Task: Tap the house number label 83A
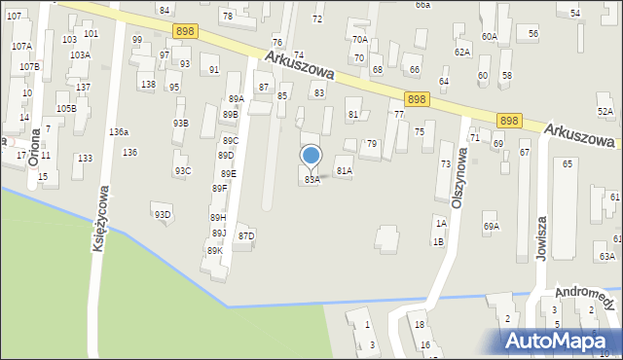pyautogui.click(x=311, y=180)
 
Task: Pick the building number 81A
pyautogui.click(x=344, y=170)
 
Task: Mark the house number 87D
pyautogui.click(x=246, y=235)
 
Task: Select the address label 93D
pyautogui.click(x=162, y=214)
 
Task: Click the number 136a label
pyautogui.click(x=119, y=131)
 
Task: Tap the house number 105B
pyautogui.click(x=65, y=108)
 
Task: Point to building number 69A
pyautogui.click(x=491, y=227)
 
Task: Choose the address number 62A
pyautogui.click(x=462, y=52)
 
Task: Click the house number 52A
pyautogui.click(x=605, y=112)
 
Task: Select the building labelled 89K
pyautogui.click(x=214, y=250)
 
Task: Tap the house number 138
pyautogui.click(x=148, y=85)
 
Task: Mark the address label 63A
pyautogui.click(x=606, y=256)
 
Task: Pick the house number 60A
pyautogui.click(x=489, y=36)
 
